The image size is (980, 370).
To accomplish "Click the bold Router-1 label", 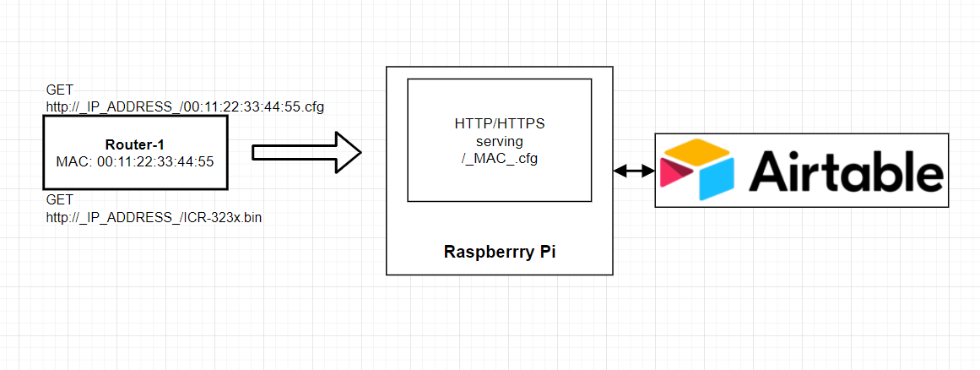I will coord(135,144).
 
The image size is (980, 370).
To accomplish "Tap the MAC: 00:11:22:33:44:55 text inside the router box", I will coord(135,161).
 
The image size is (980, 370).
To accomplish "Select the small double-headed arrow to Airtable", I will coord(635,171).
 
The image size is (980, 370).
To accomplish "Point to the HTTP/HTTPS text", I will coord(499,123).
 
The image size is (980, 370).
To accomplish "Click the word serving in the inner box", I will coord(499,141).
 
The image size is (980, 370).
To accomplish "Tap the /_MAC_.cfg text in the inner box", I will coord(499,159).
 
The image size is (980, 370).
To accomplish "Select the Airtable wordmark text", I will coord(845,171).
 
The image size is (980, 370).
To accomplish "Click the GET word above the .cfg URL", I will coord(59,90).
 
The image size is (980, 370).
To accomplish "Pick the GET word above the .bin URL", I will coord(59,199).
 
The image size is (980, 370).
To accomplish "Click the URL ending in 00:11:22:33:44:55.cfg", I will coord(185,106).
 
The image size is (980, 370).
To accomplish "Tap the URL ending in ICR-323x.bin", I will coord(154,217).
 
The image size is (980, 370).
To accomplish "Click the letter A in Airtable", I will coord(770,171).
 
